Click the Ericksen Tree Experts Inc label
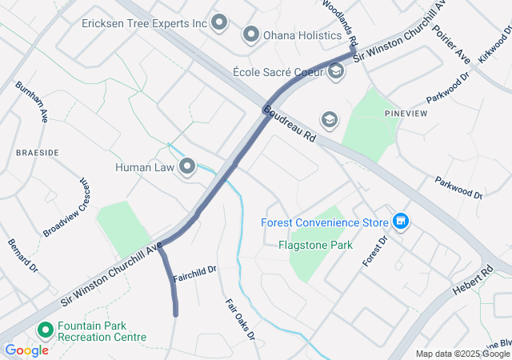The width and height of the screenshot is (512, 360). coord(144,23)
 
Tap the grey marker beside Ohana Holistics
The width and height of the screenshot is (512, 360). coord(251,34)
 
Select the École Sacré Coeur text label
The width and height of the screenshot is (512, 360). coord(278,72)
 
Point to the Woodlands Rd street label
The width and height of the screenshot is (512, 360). coord(342,21)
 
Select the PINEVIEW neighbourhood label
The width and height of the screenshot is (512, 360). coord(402,114)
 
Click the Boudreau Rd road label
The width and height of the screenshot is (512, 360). coord(290,126)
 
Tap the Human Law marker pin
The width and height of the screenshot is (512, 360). coord(187,167)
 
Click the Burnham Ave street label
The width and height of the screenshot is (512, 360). coord(31,102)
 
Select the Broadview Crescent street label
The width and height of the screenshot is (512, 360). coord(70,207)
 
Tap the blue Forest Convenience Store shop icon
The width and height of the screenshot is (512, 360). coord(401,222)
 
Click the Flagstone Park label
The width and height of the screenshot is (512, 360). coord(315,245)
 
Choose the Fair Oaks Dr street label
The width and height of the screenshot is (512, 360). coord(240,318)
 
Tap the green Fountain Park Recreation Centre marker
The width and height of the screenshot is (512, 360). coord(45,330)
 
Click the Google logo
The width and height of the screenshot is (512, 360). coord(27,350)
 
